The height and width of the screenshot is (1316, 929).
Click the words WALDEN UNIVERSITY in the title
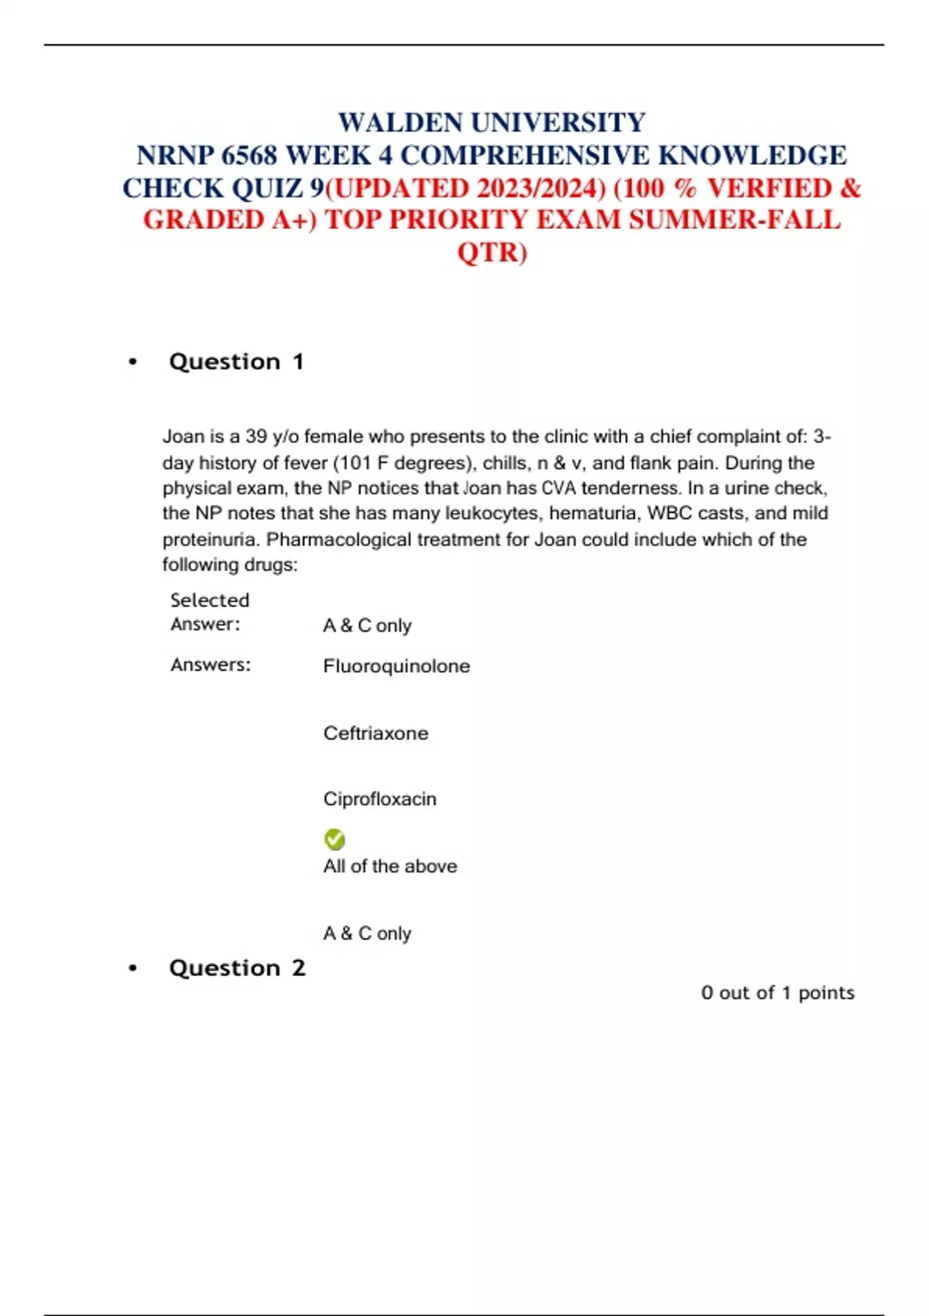492,123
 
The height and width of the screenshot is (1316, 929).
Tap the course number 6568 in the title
249,156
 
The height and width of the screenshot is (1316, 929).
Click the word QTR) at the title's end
492,253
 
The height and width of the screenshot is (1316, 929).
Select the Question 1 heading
236,362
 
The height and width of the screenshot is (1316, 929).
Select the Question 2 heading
237,968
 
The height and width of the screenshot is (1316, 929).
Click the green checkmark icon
334,839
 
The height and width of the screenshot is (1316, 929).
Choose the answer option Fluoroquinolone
396,667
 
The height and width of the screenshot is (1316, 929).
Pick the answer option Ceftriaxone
375,733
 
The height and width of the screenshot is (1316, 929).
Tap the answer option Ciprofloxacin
379,799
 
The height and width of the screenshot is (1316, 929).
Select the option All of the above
390,866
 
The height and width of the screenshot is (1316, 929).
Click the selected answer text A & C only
367,625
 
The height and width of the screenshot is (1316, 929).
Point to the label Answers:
211,665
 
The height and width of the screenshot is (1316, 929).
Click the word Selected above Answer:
210,600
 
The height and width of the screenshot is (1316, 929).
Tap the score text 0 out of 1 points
777,993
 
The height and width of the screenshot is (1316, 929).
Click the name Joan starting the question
183,437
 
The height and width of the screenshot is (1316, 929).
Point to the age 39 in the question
256,437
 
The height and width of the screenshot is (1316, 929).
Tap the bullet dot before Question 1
133,362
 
